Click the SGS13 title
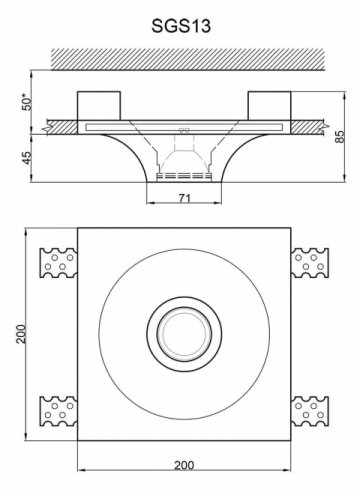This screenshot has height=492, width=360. click(181, 26)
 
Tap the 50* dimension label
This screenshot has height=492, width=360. click(27, 104)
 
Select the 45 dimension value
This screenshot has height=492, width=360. click(27, 158)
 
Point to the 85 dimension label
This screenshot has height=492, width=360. click(340, 137)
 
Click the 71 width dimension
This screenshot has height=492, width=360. click(184, 199)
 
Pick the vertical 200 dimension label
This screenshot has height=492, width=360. click(21, 334)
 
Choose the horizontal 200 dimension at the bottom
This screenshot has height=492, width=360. click(184, 465)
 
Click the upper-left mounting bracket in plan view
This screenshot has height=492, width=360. click(59, 263)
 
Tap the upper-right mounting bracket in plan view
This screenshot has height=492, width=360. click(310, 263)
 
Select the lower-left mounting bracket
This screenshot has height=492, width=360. click(59, 411)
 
